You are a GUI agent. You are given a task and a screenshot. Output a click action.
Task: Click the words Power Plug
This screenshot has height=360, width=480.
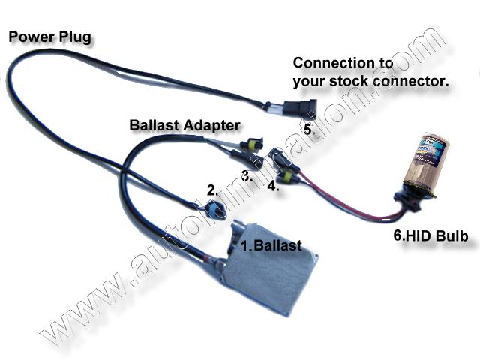[x=49, y=35]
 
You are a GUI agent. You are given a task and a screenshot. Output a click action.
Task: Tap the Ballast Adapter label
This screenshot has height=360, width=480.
[x=184, y=124]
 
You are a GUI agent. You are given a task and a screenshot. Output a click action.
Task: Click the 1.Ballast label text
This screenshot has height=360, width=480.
[x=271, y=245]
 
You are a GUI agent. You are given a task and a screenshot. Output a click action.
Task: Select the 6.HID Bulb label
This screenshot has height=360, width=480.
[x=431, y=236]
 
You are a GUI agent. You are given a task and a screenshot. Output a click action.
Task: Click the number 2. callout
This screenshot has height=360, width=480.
[x=211, y=190]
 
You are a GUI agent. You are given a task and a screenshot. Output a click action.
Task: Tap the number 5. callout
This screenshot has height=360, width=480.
[x=310, y=129]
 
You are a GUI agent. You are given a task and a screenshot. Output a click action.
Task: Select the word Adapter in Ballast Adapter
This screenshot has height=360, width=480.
[x=211, y=124]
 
